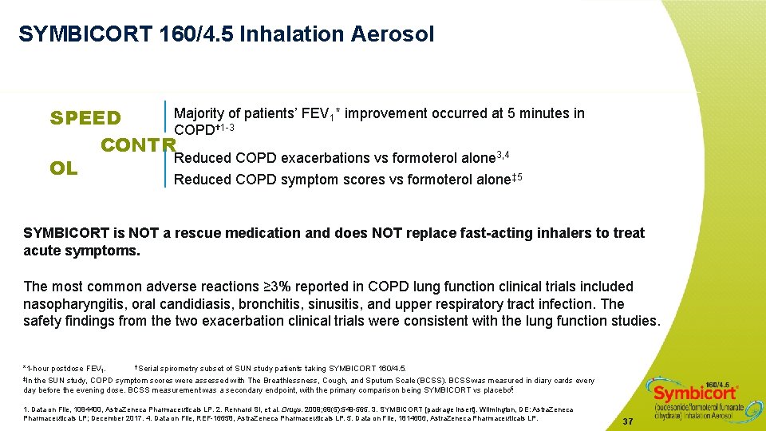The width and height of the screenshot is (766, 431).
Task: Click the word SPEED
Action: pos(85,119)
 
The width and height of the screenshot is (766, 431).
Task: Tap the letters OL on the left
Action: pos(64,168)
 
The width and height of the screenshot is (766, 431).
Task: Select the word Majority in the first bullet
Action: pos(200,113)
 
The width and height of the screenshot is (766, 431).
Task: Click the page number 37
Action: pos(627,421)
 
